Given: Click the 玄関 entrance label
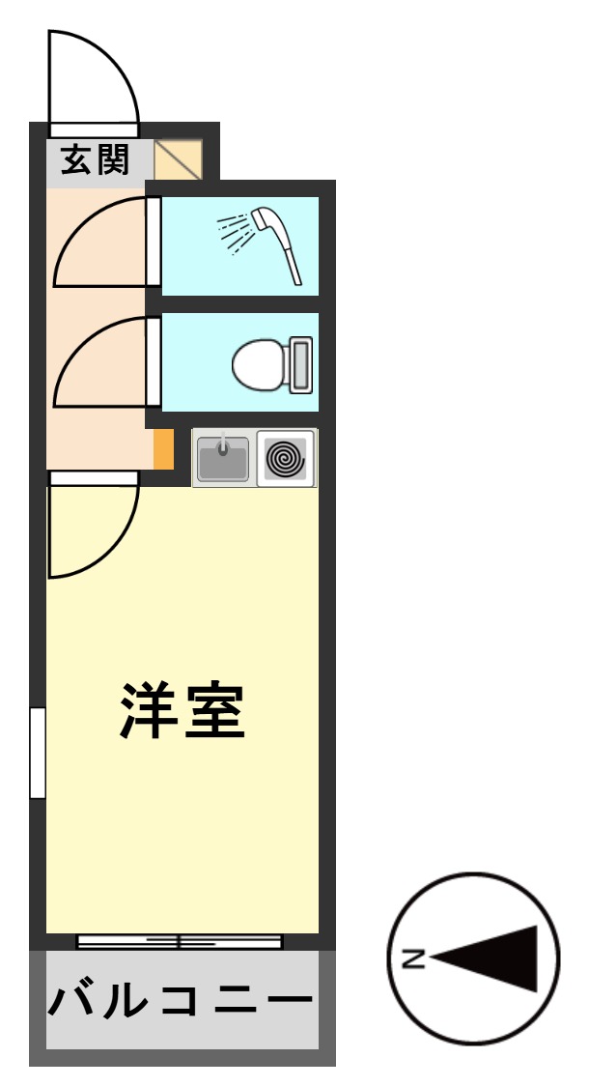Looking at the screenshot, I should (96, 159).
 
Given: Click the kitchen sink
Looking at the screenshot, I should (223, 459).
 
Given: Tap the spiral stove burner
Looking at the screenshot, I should (286, 458).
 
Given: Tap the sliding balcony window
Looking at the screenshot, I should (180, 941).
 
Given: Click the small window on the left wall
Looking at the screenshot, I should (38, 754).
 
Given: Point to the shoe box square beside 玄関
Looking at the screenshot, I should (179, 159).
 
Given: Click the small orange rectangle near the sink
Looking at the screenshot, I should (164, 448).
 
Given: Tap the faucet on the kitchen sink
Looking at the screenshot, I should (223, 446).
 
